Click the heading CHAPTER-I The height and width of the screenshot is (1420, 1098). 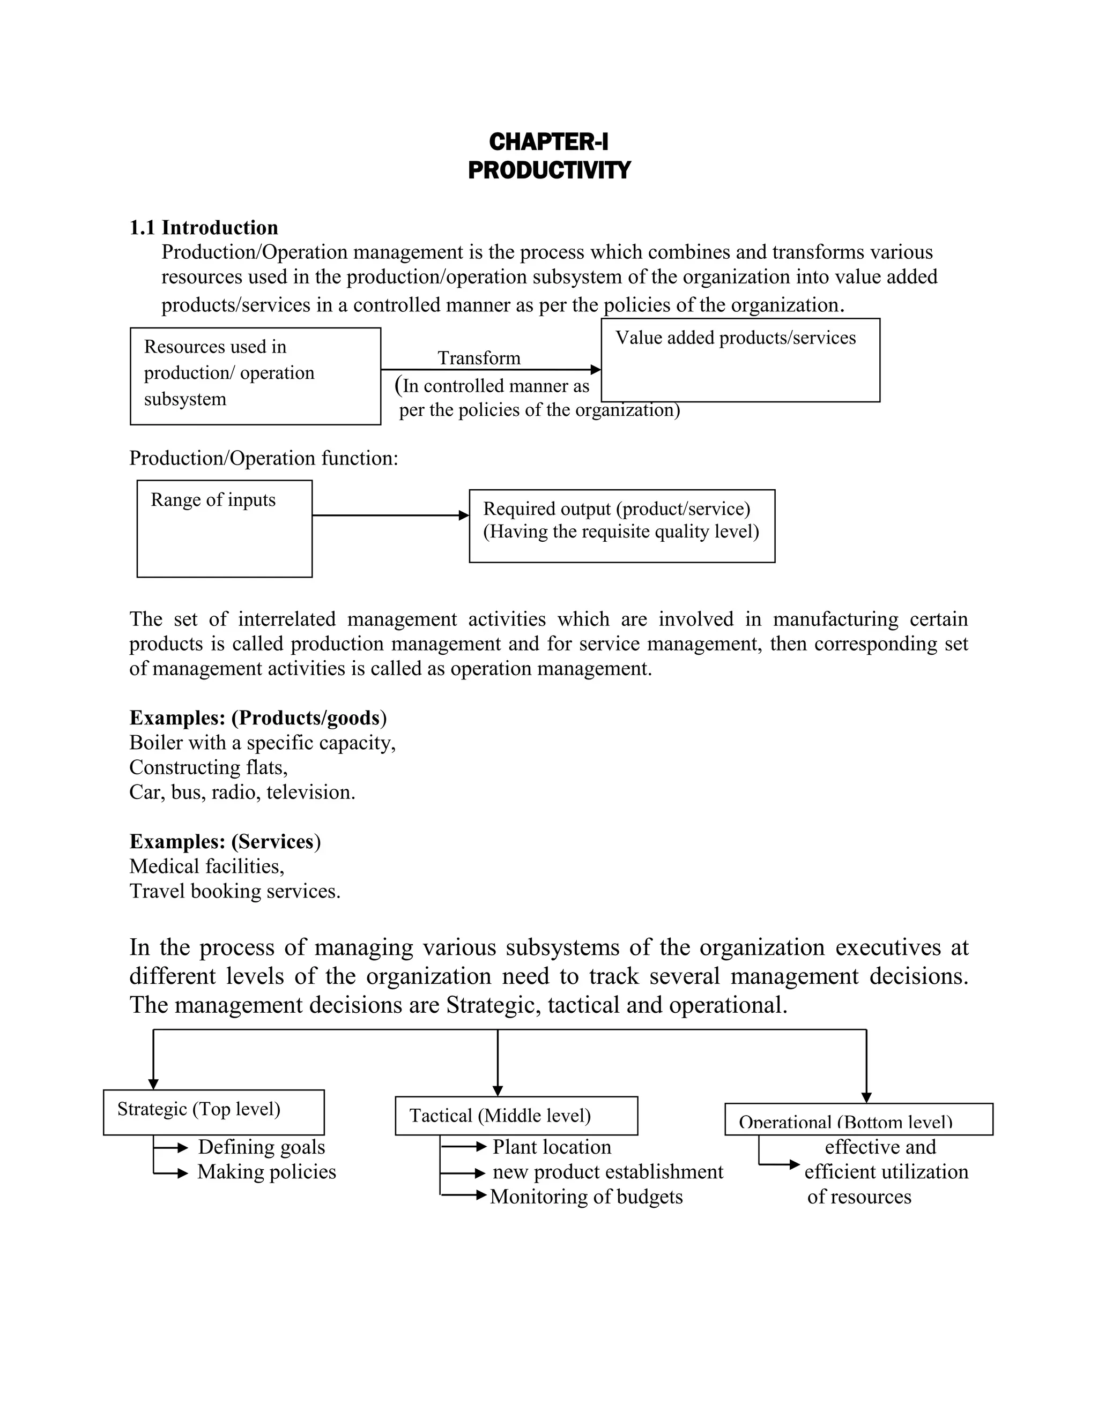click(548, 142)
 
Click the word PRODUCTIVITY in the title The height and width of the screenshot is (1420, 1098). click(548, 170)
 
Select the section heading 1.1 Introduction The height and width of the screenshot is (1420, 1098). click(204, 228)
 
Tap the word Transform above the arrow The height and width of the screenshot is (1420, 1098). click(479, 357)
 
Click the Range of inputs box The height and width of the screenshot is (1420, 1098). click(225, 528)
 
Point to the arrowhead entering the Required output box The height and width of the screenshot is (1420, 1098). click(464, 515)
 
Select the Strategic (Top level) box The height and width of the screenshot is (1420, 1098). click(213, 1112)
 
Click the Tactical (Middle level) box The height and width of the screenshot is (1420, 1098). click(516, 1116)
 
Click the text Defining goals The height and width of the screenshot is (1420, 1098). click(262, 1147)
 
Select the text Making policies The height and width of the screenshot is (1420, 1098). click(266, 1171)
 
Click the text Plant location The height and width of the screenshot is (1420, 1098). click(552, 1147)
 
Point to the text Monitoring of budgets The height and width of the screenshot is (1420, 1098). click(586, 1197)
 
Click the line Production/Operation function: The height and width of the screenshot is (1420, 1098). click(263, 458)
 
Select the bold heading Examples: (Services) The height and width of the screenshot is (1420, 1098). click(225, 841)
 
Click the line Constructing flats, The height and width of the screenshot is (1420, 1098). click(208, 767)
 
